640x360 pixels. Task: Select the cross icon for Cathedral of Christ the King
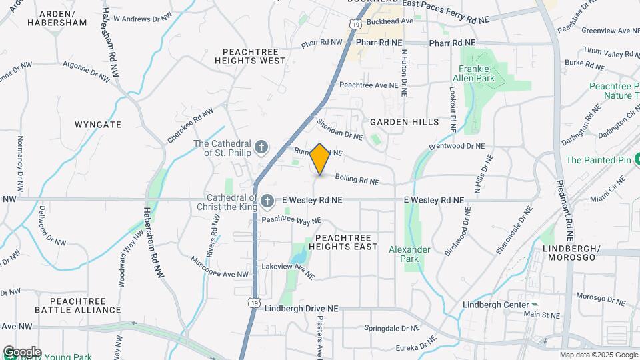pyautogui.click(x=267, y=200)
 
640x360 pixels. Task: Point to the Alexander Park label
pyautogui.click(x=409, y=255)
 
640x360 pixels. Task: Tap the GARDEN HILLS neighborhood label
pyautogui.click(x=404, y=122)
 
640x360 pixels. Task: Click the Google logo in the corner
pyautogui.click(x=22, y=352)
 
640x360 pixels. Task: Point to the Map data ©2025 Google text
pyautogui.click(x=598, y=355)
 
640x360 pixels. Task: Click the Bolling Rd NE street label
pyautogui.click(x=357, y=179)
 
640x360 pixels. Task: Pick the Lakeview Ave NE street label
pyautogui.click(x=287, y=270)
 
